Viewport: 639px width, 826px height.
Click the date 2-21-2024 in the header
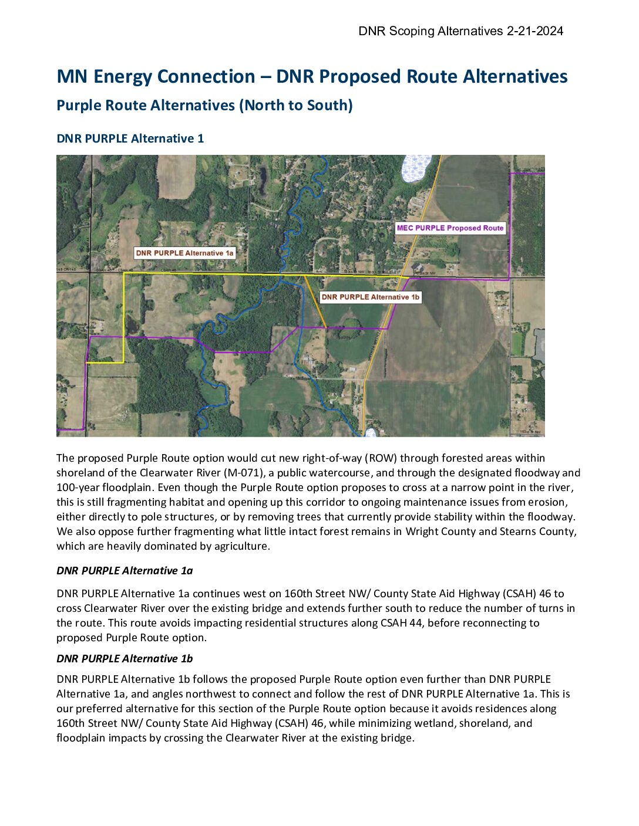tap(534, 31)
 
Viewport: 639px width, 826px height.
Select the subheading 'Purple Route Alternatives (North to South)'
tap(204, 106)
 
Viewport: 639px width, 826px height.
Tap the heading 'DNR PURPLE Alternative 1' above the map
tap(130, 138)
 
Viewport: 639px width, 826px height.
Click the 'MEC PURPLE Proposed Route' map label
tap(450, 228)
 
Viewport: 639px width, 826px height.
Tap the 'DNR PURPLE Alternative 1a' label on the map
tap(185, 253)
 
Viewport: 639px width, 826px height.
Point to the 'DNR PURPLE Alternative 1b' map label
tap(371, 297)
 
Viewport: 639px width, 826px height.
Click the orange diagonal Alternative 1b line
tap(315, 302)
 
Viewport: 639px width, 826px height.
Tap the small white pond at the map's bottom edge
tap(369, 433)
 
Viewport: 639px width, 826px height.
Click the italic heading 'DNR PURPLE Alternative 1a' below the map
tap(125, 571)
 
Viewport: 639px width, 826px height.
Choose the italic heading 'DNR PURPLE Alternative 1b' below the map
tap(125, 659)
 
